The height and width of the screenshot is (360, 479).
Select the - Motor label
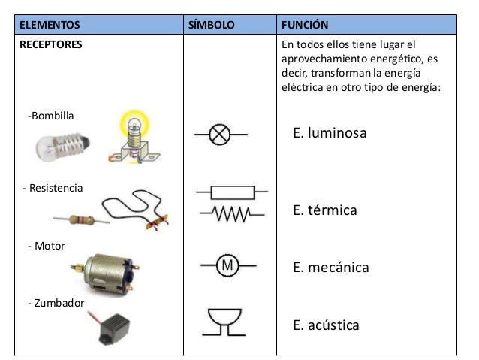[46, 246]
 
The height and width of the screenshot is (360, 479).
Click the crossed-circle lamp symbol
[220, 135]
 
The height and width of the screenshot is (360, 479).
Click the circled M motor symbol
[227, 265]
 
